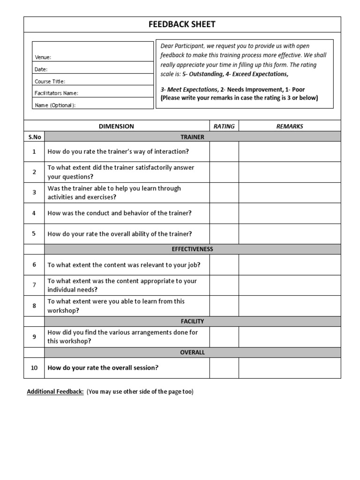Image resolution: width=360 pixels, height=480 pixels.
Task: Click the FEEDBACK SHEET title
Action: point(182,25)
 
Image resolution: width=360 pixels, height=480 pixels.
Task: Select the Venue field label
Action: point(43,57)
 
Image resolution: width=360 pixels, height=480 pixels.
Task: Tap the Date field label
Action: point(41,69)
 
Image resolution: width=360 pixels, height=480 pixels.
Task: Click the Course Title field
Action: point(50,81)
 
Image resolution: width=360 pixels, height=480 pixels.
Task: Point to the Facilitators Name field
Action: point(56,93)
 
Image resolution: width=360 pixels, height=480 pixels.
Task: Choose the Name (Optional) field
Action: point(55,105)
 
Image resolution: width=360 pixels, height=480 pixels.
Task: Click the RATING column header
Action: point(224,126)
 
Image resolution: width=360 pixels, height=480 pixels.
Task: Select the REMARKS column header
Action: point(290,126)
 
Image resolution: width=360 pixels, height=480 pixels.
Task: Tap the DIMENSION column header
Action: point(116,126)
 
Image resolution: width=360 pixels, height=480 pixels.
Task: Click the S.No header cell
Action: point(34,137)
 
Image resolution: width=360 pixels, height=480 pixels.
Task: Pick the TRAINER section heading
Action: point(192,137)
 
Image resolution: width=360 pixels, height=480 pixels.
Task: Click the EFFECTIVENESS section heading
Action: point(192,249)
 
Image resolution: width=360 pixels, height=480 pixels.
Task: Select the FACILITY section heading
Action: point(192,321)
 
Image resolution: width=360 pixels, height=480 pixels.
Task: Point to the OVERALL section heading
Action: point(192,352)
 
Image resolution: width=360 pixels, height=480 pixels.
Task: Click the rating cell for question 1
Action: point(224,151)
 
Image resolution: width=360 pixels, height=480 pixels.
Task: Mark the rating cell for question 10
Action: point(224,368)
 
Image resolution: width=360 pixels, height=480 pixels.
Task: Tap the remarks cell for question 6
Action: point(290,265)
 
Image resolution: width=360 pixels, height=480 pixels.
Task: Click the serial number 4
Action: point(34,213)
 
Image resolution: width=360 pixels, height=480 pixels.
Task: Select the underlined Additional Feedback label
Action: point(55,391)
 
